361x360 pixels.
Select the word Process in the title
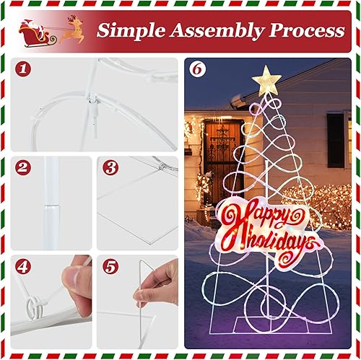[x=305, y=31]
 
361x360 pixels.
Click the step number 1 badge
[x=25, y=70]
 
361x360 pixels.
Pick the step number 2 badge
[x=25, y=168]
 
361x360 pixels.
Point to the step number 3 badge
[x=110, y=168]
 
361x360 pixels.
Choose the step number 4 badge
[x=25, y=266]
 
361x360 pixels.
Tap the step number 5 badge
[x=110, y=266]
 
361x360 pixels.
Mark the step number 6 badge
[x=196, y=70]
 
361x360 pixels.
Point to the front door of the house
[x=217, y=155]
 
